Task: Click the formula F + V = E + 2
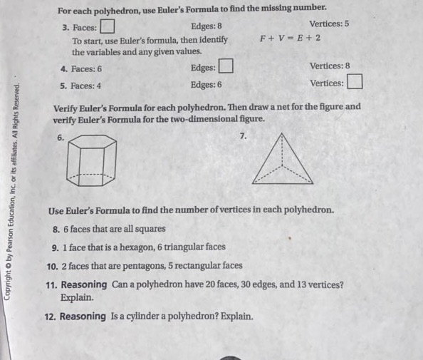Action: [291, 38]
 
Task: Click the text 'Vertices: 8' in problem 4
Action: [330, 66]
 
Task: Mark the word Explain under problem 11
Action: [78, 297]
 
